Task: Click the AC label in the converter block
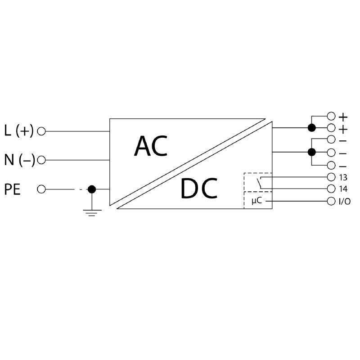(151, 146)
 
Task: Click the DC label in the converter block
(199, 189)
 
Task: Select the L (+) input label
(19, 131)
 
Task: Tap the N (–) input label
(19, 160)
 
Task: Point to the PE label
(13, 189)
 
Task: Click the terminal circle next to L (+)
(41, 131)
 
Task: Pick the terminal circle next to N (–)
(41, 160)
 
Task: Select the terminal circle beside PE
(41, 189)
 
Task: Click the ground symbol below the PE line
(92, 212)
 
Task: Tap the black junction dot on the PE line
(92, 189)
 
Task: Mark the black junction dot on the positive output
(311, 128)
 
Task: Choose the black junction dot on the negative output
(311, 152)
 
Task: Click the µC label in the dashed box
(256, 201)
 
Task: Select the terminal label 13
(343, 177)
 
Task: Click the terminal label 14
(343, 189)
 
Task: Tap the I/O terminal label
(345, 202)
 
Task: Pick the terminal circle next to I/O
(331, 201)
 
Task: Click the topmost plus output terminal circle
(331, 116)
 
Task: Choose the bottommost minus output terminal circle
(331, 165)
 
